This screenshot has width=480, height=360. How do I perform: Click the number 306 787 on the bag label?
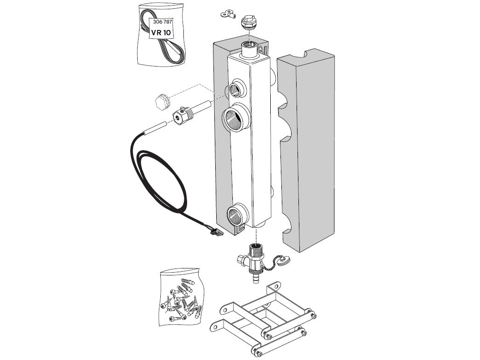pyautogui.click(x=163, y=22)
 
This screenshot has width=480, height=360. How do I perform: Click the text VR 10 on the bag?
pyautogui.click(x=161, y=32)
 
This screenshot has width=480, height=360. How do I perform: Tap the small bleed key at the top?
pyautogui.click(x=227, y=14)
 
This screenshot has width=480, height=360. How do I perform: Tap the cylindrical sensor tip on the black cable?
pyautogui.click(x=155, y=128)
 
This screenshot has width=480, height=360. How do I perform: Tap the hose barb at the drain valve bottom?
pyautogui.click(x=256, y=279)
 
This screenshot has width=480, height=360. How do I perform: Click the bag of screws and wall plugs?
pyautogui.click(x=182, y=297)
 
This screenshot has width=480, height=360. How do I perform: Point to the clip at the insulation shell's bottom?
pyautogui.click(x=240, y=229)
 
